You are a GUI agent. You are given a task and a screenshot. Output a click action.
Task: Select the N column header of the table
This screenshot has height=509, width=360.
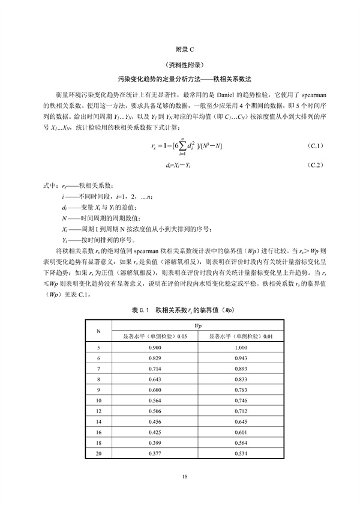98,331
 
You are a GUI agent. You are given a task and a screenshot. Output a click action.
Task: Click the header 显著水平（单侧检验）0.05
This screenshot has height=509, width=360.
152,337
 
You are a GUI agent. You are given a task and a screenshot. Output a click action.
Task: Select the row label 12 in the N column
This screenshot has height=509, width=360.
98,412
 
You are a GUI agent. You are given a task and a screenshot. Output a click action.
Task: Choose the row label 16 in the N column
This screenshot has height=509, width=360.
98,433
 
